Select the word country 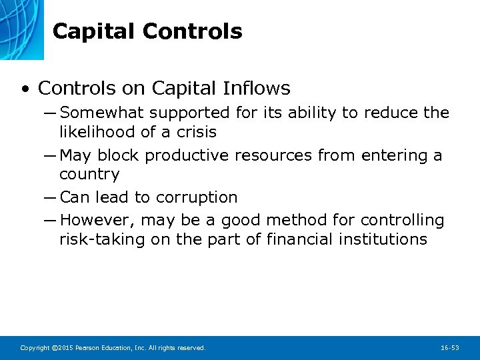(x=89, y=175)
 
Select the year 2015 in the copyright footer (x=65, y=348)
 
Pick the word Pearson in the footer (x=88, y=348)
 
